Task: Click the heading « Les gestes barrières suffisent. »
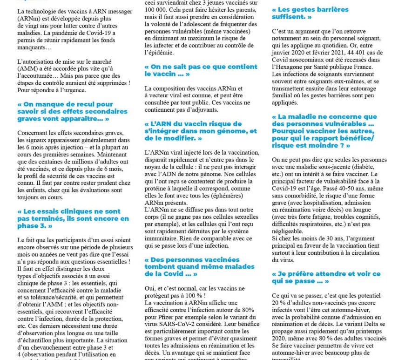(310, 13)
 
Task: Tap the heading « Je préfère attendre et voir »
(326, 277)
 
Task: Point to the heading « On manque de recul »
(72, 112)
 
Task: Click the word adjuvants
(204, 110)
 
